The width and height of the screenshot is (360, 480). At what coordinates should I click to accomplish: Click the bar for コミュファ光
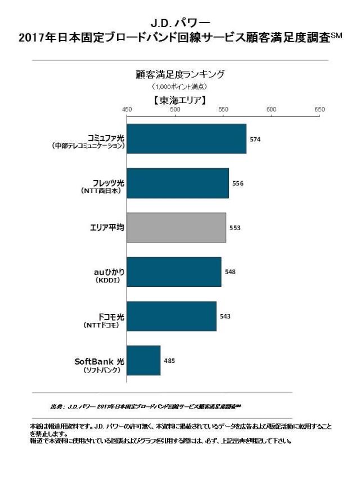pyautogui.click(x=186, y=138)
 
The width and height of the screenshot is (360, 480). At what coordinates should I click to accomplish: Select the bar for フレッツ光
pyautogui.click(x=178, y=183)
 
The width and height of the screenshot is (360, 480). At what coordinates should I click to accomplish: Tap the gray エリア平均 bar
pyautogui.click(x=176, y=227)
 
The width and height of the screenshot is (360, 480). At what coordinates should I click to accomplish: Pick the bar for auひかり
pyautogui.click(x=174, y=272)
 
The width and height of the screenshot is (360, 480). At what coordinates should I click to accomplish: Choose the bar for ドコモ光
pyautogui.click(x=172, y=316)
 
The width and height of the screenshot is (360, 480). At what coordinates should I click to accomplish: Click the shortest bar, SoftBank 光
pyautogui.click(x=143, y=361)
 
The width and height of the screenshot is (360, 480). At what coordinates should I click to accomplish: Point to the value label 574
pyautogui.click(x=255, y=139)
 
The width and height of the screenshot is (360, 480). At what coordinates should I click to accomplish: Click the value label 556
pyautogui.click(x=237, y=183)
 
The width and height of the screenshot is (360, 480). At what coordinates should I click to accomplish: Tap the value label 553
pyautogui.click(x=235, y=228)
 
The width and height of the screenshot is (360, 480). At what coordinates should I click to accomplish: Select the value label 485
pyautogui.click(x=169, y=361)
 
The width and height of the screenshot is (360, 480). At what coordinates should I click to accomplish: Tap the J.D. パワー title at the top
pyautogui.click(x=180, y=23)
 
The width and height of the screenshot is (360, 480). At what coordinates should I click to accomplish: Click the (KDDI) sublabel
pyautogui.click(x=109, y=280)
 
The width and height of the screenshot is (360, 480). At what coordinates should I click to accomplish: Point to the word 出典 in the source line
pyautogui.click(x=56, y=406)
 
